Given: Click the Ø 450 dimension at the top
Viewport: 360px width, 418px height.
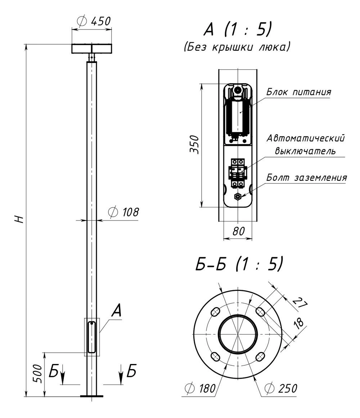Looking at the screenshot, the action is (x=93, y=21).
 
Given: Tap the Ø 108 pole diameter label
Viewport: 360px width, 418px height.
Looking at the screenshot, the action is (x=123, y=212).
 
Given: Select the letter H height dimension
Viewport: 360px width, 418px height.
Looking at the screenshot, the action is (x=19, y=219).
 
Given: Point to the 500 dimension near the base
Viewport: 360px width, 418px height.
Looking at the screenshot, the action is (x=39, y=374).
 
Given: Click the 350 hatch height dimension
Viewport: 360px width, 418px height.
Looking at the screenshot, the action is (x=194, y=144).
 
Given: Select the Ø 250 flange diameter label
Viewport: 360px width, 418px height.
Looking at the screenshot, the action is (x=281, y=388).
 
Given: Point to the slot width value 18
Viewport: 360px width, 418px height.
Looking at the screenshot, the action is (x=298, y=323).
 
